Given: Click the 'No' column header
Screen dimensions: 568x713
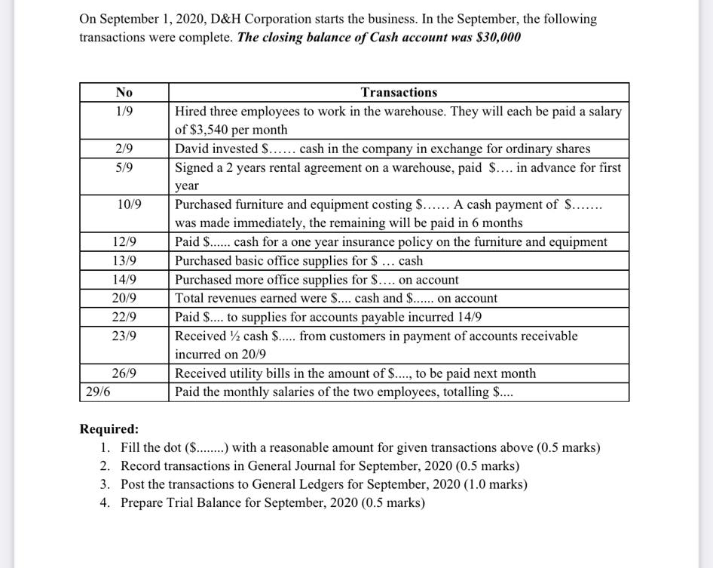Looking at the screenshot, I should [124, 92].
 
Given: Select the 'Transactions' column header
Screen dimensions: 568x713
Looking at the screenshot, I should [399, 92].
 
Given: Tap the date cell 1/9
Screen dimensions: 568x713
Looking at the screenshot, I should [124, 111].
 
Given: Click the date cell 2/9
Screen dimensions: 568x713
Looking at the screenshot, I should [124, 149].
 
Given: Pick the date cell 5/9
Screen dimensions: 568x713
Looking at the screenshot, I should [124, 167].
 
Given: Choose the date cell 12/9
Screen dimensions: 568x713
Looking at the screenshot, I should [124, 242].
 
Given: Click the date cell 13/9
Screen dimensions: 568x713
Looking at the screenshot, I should [124, 261].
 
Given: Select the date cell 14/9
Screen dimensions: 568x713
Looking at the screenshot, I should [124, 280].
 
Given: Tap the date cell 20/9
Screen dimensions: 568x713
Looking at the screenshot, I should [124, 298].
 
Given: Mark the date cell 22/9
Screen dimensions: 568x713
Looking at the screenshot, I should [124, 317].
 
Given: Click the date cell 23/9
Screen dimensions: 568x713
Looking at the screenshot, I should [124, 336].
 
